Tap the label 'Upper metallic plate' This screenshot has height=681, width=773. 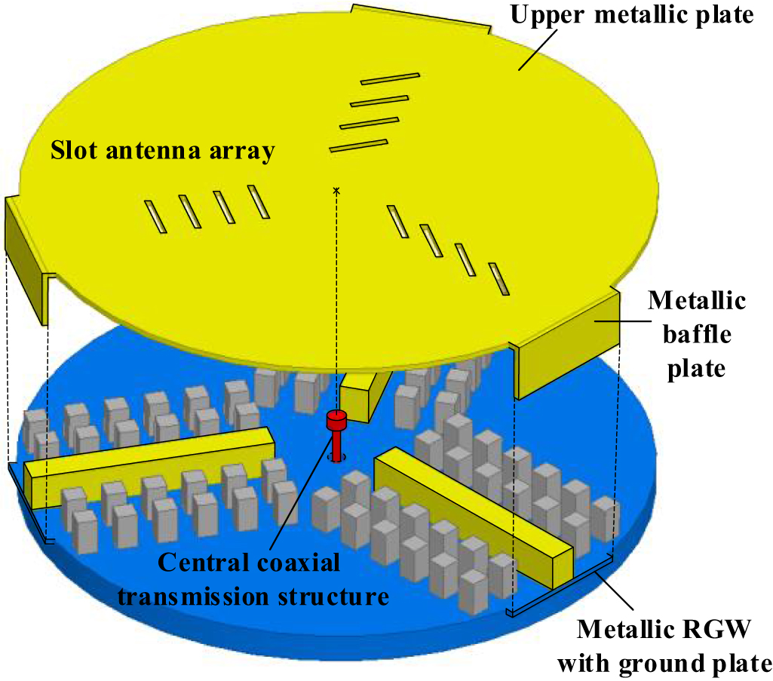[632, 15]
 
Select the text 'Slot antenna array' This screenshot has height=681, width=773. [161, 152]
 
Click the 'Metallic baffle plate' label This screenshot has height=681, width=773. [697, 335]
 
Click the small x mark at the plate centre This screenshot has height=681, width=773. [336, 192]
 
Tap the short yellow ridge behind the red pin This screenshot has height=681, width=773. [364, 394]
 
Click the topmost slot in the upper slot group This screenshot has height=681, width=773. [389, 78]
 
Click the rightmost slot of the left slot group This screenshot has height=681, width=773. [258, 201]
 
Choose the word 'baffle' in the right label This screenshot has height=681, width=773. [697, 335]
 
